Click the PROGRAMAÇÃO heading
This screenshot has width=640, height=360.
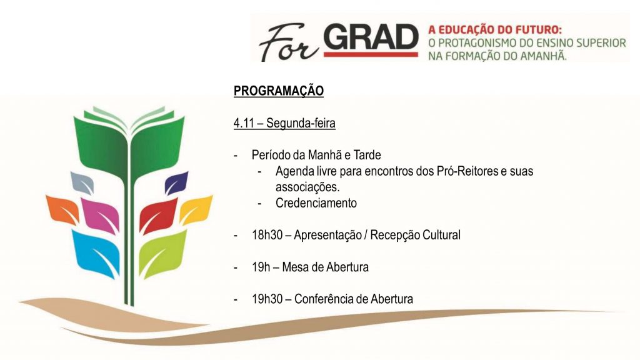pos(279,91)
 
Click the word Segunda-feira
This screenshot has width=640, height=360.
pos(301,123)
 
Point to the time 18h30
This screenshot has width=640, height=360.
pos(267,236)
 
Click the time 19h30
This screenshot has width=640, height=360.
pos(267,299)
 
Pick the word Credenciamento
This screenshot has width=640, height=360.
pos(316,203)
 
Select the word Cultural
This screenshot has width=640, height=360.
pos(439,236)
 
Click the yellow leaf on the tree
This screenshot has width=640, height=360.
pos(197,209)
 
